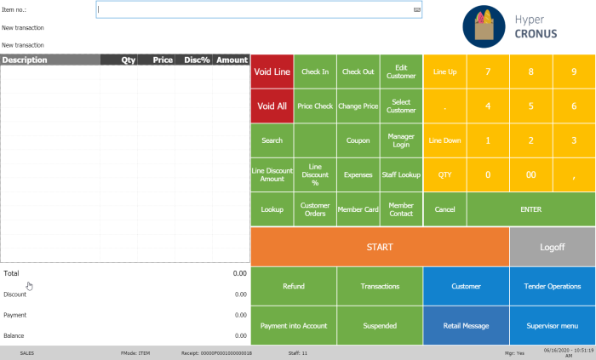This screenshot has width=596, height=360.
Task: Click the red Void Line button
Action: click(x=272, y=72)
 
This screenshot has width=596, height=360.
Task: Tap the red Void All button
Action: click(x=272, y=106)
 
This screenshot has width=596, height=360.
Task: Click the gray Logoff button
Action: click(x=552, y=247)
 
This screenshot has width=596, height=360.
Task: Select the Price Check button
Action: click(x=315, y=106)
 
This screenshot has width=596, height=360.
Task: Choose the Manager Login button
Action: click(x=401, y=140)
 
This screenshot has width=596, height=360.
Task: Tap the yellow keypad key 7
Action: click(x=488, y=72)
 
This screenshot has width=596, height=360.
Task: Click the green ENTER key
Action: click(x=530, y=209)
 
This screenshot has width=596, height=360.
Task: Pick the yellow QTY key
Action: click(x=444, y=174)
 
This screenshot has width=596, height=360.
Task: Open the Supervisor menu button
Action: click(x=552, y=326)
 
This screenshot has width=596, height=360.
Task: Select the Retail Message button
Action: click(x=466, y=326)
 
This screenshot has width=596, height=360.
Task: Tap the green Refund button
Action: click(x=294, y=287)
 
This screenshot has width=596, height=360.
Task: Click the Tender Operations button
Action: click(x=552, y=287)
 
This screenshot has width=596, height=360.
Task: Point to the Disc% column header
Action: click(x=192, y=60)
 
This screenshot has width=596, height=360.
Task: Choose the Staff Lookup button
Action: click(x=401, y=174)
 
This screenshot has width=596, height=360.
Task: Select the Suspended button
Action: click(x=380, y=326)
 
